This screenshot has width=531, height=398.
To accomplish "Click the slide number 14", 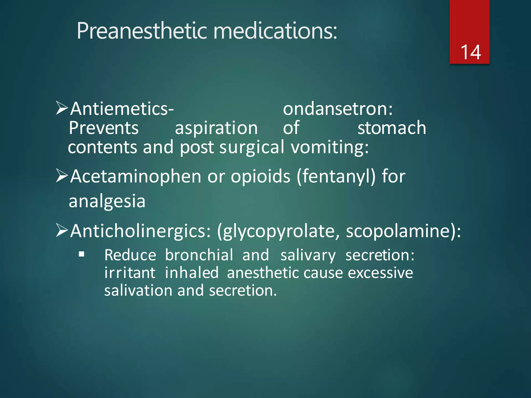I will tap(470, 52).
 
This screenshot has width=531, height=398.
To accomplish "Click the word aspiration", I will tap(216, 128).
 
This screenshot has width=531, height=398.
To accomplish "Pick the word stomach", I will tap(392, 128).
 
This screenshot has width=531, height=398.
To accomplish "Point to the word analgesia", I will tap(107, 201).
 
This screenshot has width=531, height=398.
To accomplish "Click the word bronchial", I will tap(199, 255).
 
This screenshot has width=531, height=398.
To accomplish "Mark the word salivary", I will tap(308, 255).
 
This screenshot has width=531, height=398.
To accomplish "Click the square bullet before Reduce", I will tap(82, 254).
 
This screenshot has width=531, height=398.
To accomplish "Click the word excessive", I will tap(380, 273).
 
